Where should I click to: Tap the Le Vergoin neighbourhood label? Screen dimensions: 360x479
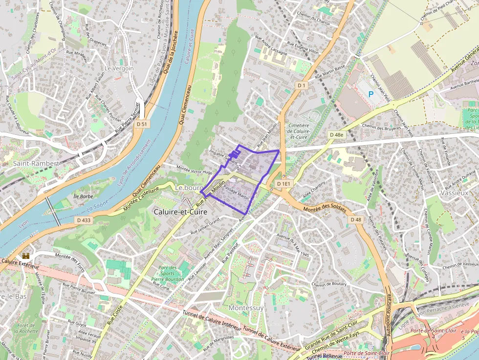point(119,69)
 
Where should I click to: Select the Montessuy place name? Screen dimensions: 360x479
point(246,308)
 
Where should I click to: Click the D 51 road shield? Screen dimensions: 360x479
point(142,124)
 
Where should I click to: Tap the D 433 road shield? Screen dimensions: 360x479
point(84,220)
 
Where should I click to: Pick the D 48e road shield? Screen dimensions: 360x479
point(337,134)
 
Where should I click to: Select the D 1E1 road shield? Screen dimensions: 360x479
point(283,184)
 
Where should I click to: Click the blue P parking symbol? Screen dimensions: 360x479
point(370,93)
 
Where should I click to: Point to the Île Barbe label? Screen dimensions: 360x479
point(83,196)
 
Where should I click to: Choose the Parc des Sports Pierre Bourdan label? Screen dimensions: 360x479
point(168,273)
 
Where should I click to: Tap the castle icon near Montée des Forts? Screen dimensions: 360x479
point(26,255)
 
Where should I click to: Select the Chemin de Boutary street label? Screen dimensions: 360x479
point(329,284)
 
